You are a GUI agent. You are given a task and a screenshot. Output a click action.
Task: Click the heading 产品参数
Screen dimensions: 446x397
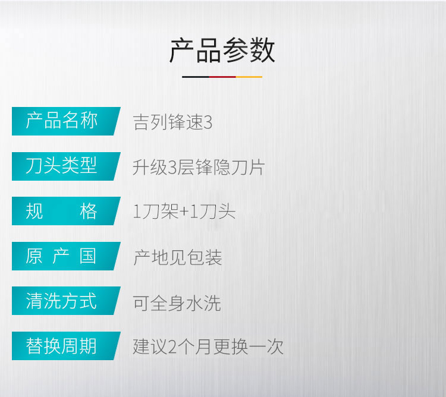click(x=222, y=51)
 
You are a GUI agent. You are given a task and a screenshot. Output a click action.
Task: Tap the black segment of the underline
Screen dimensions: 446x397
click(x=196, y=77)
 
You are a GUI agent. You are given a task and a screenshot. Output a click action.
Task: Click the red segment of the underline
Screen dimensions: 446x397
click(x=222, y=77)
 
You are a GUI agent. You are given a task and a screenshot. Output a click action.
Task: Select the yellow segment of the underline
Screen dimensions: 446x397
click(x=249, y=77)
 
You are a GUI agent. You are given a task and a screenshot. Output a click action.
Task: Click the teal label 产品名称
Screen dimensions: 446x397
click(x=66, y=121)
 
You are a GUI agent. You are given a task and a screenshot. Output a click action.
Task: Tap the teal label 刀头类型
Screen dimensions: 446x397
click(x=66, y=166)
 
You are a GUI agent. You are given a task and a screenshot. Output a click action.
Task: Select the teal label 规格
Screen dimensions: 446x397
click(x=66, y=211)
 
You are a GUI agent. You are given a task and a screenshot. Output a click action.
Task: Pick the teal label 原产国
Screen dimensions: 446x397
click(x=66, y=256)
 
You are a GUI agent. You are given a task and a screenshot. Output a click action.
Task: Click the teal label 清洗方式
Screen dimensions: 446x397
click(x=66, y=301)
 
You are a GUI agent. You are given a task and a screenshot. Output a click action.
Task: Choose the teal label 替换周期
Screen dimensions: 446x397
click(x=66, y=346)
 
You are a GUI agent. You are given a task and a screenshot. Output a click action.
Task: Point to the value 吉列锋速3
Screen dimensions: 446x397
click(x=172, y=122)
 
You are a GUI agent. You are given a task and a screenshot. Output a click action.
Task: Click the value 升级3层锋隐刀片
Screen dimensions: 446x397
click(x=199, y=167)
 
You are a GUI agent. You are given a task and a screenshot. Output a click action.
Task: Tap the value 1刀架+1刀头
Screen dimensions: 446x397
click(x=184, y=212)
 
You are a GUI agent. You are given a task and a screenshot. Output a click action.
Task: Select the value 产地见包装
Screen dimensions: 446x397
click(x=177, y=257)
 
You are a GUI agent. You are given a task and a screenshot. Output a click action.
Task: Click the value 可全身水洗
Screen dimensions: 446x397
click(x=177, y=303)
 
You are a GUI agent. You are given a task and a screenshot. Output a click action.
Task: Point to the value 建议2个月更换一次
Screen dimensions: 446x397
click(x=208, y=346)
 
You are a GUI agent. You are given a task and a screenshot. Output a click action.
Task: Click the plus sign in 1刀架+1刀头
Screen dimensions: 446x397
click(x=184, y=212)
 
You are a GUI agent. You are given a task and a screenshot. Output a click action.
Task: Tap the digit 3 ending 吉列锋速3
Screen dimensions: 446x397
click(x=208, y=123)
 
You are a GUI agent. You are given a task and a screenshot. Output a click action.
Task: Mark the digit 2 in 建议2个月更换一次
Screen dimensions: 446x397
click(x=172, y=347)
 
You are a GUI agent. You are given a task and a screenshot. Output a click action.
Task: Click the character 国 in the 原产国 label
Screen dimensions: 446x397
click(x=88, y=256)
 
